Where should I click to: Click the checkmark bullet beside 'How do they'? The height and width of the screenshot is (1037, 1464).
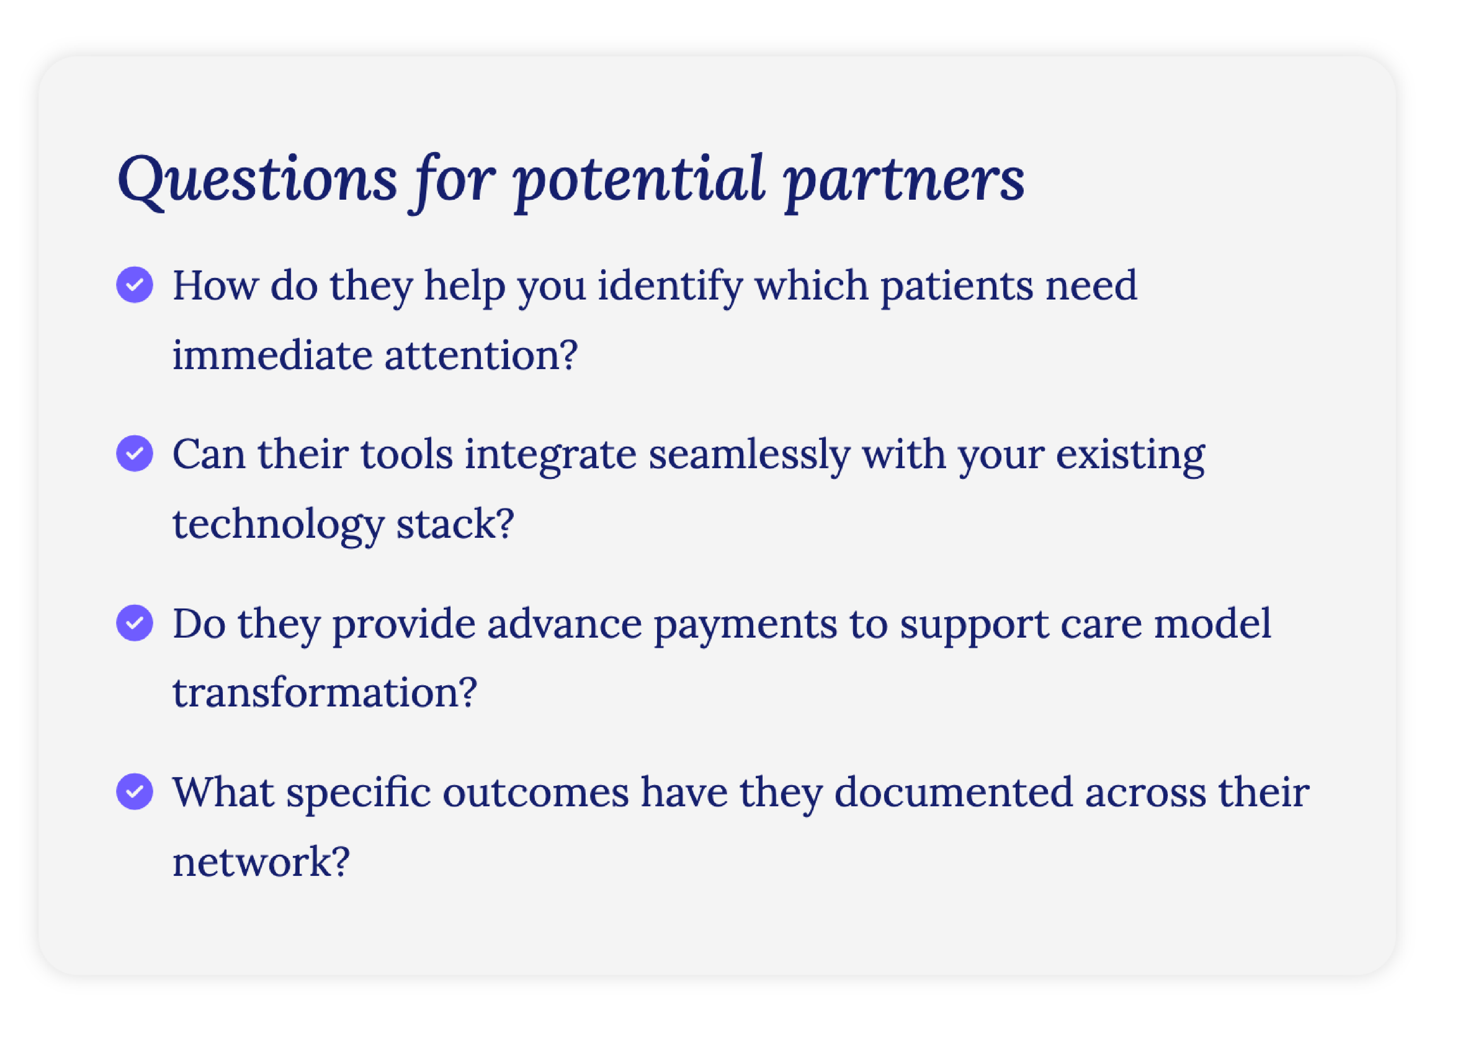click(135, 285)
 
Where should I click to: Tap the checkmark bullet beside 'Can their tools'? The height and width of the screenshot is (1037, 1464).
click(135, 453)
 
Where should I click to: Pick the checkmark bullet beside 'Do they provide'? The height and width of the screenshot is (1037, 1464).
click(135, 623)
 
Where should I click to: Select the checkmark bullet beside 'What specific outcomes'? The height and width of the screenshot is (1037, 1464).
click(135, 792)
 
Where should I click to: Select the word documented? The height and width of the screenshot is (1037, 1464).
click(954, 792)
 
